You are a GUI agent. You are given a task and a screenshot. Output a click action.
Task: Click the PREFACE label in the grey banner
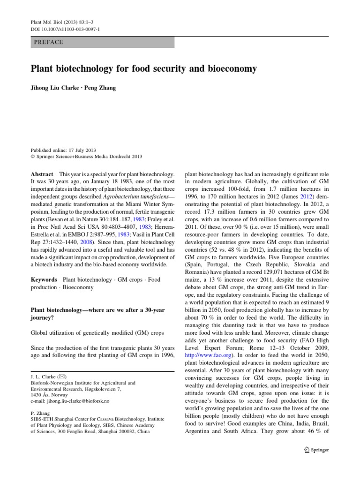[49, 42]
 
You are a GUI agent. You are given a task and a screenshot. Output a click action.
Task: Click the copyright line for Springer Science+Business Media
[86, 157]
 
